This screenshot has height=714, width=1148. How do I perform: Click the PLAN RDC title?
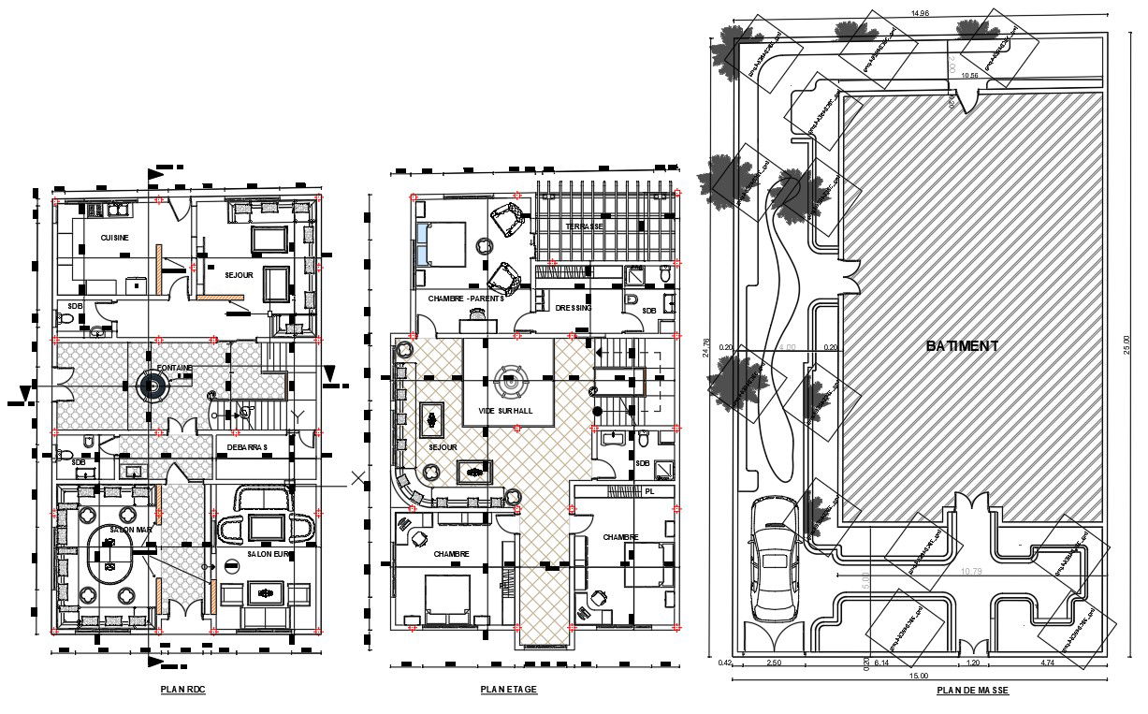[x=182, y=690]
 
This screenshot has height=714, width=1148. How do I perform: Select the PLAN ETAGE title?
[x=509, y=690]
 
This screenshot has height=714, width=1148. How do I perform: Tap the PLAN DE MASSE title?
[x=973, y=691]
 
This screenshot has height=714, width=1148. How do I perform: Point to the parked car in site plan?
[x=773, y=558]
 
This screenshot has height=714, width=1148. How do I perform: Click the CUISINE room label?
[x=115, y=239]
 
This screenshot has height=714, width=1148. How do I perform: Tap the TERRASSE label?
[x=584, y=227]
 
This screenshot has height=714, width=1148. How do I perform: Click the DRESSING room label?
[x=574, y=308]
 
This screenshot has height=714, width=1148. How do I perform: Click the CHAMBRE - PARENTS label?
[x=466, y=299]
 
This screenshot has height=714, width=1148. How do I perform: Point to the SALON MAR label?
[x=131, y=530]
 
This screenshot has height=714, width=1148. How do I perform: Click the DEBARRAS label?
[x=247, y=447]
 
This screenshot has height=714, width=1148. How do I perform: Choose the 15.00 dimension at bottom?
[x=919, y=675]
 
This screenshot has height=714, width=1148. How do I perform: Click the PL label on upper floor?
[x=649, y=490]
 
